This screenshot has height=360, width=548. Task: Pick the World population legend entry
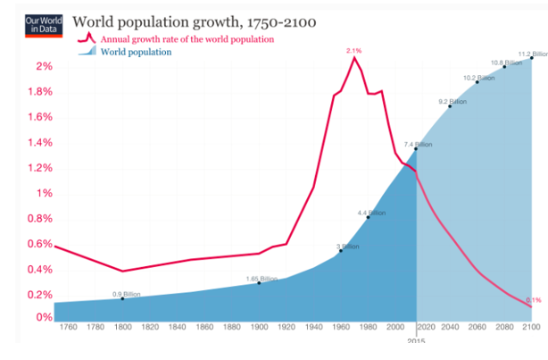pyautogui.click(x=135, y=53)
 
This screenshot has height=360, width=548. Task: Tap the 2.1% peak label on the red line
pyautogui.click(x=354, y=51)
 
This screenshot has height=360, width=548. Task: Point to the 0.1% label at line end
pyautogui.click(x=534, y=300)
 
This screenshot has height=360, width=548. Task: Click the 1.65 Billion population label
pyautogui.click(x=260, y=279)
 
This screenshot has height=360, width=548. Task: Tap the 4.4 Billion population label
pyautogui.click(x=370, y=213)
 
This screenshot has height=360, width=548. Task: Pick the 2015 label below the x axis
pyautogui.click(x=416, y=342)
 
